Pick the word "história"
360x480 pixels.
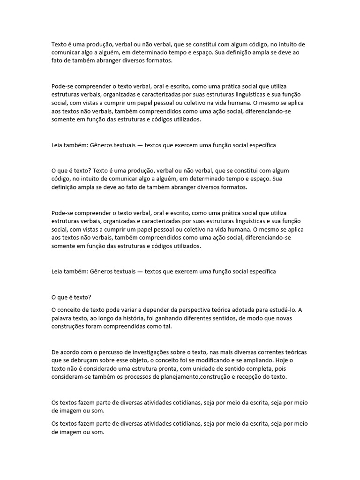pos(145,318)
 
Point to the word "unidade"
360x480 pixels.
pos(204,369)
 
